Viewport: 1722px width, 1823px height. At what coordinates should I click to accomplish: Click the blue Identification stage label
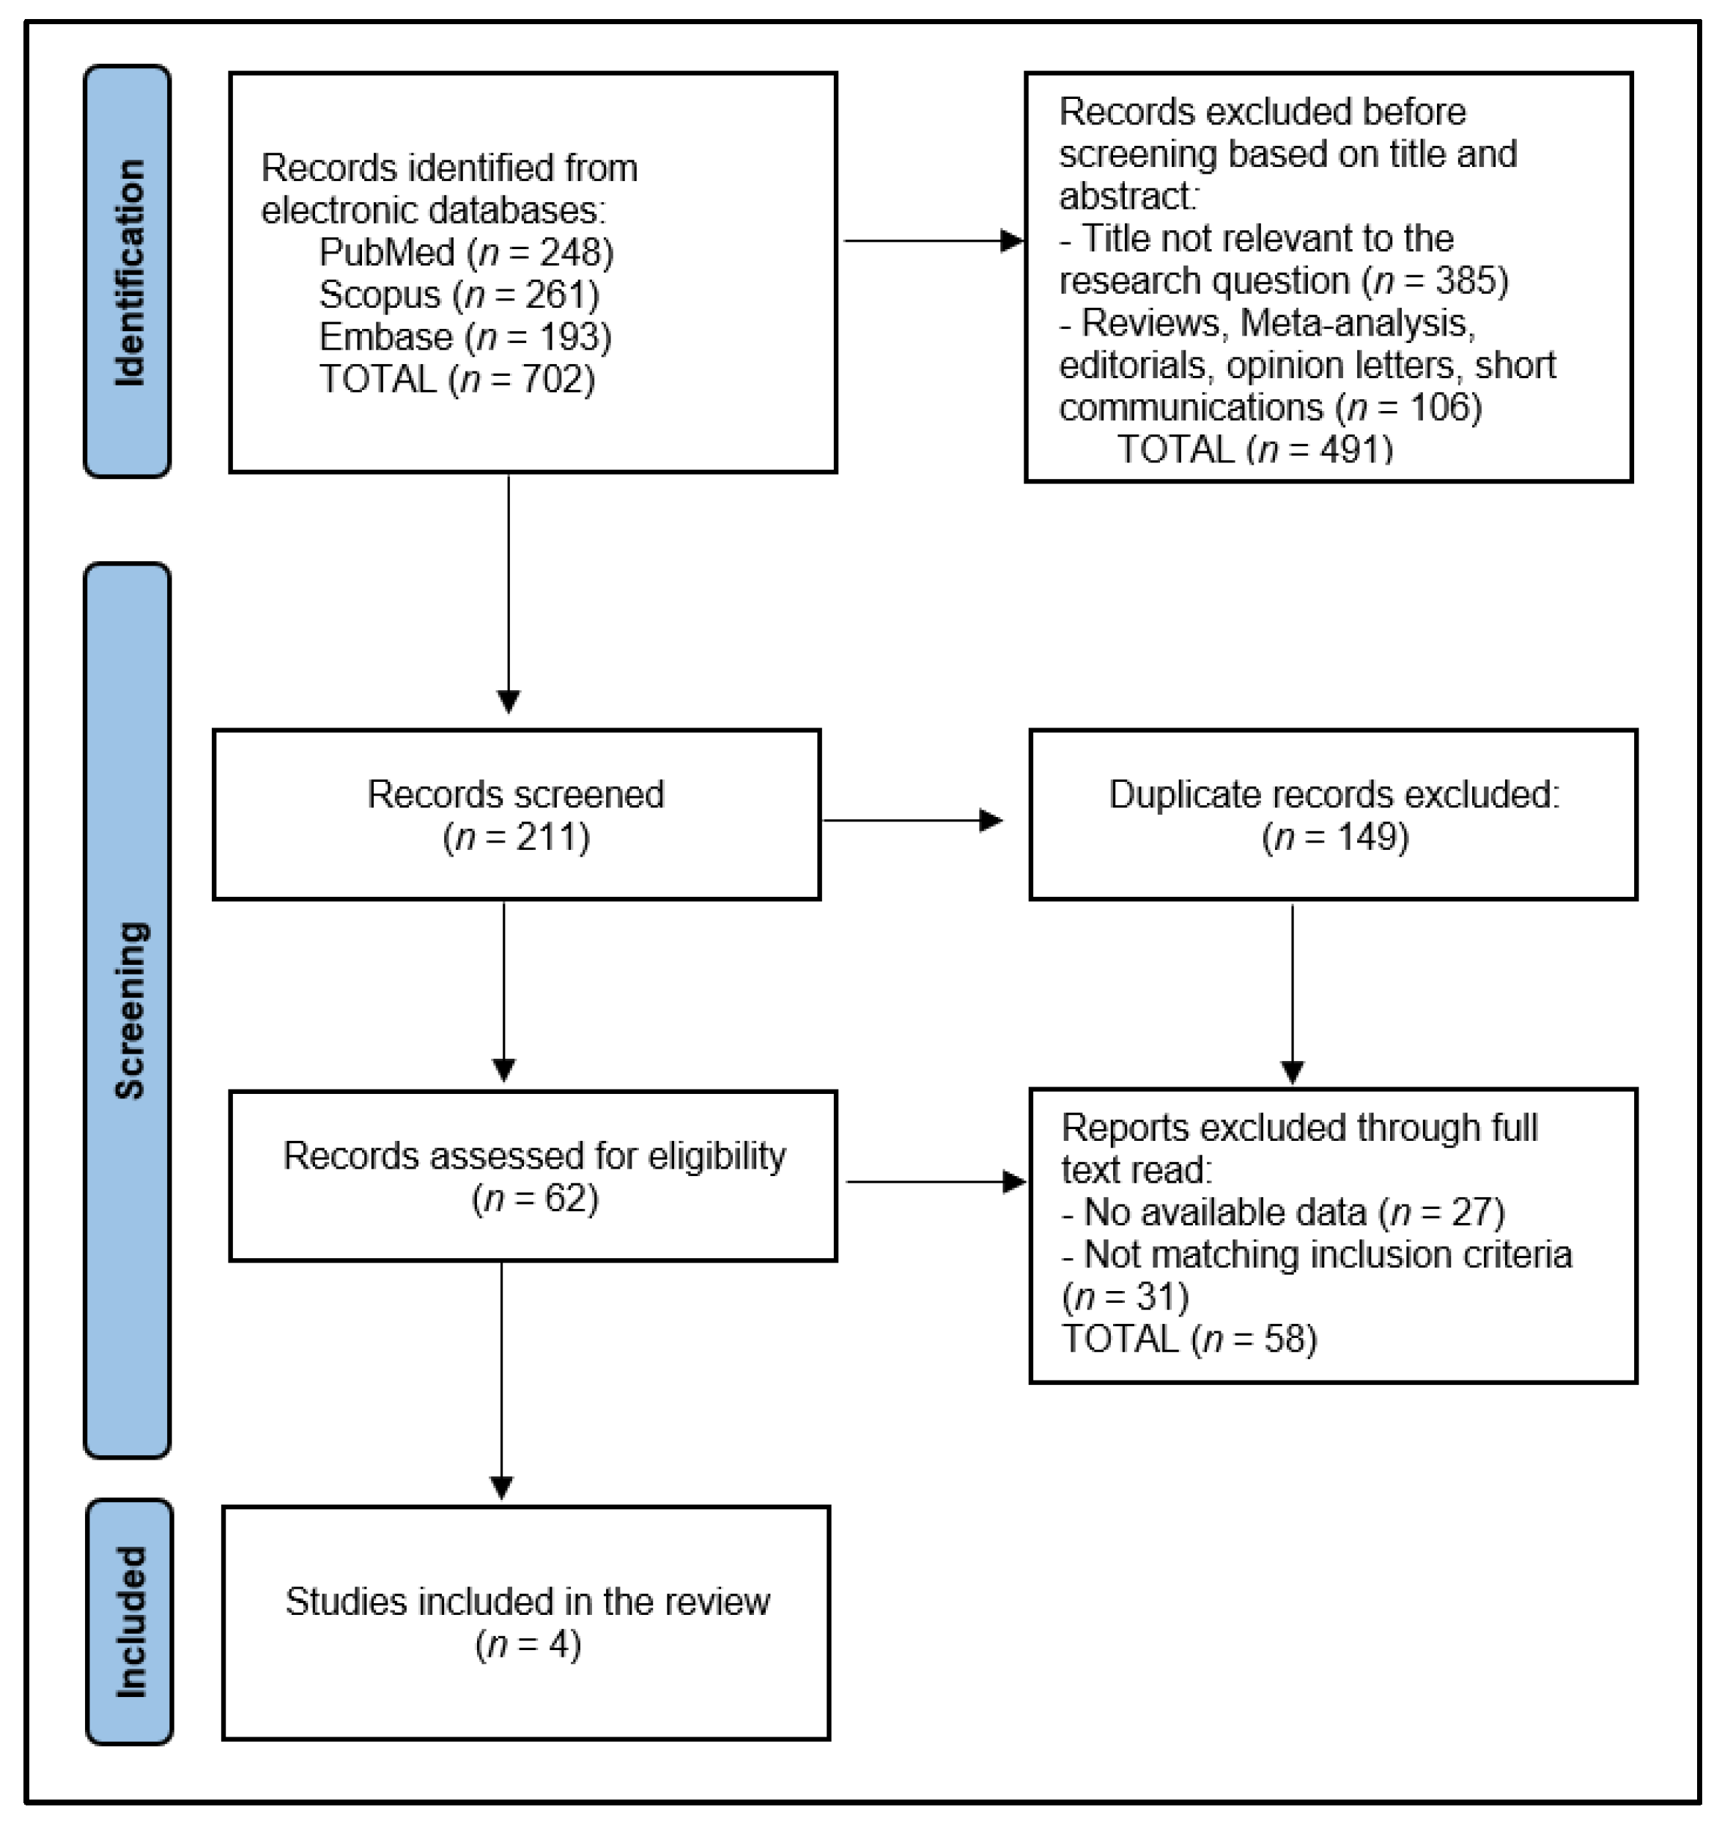(128, 272)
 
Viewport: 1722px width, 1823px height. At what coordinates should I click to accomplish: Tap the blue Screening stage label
(128, 1010)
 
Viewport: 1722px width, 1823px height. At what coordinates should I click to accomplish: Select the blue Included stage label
(130, 1622)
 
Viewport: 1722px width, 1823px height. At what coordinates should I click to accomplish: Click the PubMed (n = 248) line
(465, 253)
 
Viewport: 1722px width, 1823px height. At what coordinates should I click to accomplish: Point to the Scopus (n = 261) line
(459, 295)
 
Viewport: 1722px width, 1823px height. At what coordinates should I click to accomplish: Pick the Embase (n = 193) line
(465, 337)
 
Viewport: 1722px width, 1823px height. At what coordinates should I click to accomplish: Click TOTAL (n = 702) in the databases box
(457, 379)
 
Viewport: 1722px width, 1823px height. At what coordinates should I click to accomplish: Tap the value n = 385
(1435, 281)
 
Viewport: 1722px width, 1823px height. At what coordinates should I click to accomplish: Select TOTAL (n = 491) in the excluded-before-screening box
(1254, 449)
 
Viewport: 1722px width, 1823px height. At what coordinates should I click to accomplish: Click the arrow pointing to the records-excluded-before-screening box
(931, 241)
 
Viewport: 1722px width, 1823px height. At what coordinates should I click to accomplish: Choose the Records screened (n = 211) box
(516, 814)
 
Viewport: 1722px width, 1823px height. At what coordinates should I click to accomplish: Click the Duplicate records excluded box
(1333, 814)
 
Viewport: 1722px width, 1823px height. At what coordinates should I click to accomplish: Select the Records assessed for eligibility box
(533, 1176)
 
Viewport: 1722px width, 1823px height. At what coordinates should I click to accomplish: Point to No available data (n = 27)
(1282, 1213)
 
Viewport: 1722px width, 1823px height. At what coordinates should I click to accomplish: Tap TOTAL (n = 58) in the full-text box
(1189, 1339)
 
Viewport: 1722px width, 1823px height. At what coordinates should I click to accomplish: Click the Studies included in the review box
(526, 1622)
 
